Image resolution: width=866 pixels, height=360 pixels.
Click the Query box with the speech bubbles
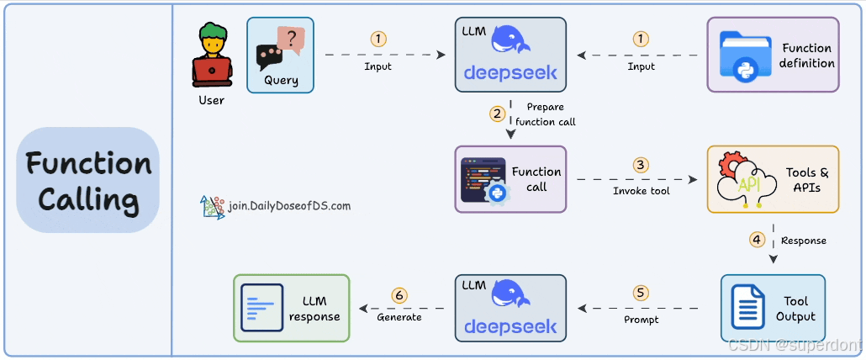click(281, 55)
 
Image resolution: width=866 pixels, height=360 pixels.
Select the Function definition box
click(773, 55)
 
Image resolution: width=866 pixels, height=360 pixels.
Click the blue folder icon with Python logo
click(745, 56)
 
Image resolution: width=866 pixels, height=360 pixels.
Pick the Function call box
click(511, 178)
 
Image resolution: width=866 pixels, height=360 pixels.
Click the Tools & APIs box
click(773, 178)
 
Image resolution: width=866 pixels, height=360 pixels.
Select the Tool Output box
click(773, 307)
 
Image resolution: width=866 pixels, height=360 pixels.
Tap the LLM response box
click(291, 308)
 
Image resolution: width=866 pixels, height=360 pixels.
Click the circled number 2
click(498, 113)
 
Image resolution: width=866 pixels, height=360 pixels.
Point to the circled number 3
click(642, 165)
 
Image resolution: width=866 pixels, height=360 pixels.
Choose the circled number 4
click(758, 239)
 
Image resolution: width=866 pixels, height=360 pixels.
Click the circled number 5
click(642, 293)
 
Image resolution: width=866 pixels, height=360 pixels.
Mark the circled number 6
click(399, 295)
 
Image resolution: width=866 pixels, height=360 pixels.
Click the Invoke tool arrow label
click(641, 192)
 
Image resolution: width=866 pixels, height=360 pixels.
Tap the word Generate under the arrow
click(399, 317)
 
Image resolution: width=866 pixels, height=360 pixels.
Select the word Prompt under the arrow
click(641, 320)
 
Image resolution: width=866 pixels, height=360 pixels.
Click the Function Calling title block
click(88, 180)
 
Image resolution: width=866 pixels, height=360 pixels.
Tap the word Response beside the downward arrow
click(804, 241)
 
